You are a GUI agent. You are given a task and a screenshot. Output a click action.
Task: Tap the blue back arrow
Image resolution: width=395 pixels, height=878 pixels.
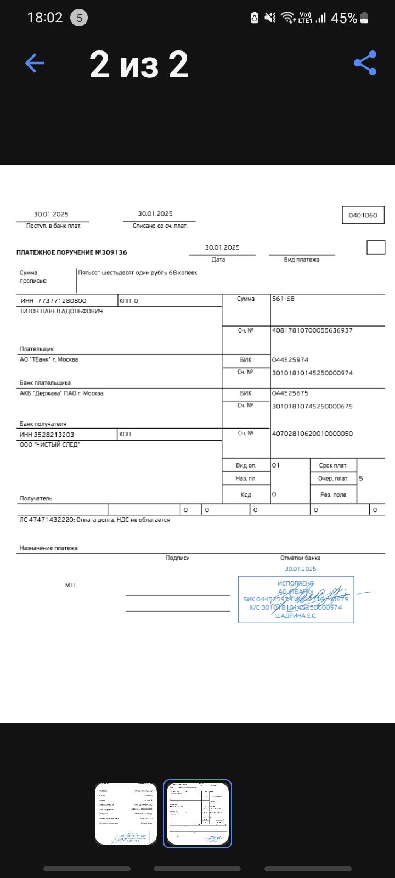[35, 64]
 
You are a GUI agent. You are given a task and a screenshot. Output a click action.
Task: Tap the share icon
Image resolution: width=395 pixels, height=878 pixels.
[365, 63]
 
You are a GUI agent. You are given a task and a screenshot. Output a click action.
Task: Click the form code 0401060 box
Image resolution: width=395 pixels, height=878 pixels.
[363, 215]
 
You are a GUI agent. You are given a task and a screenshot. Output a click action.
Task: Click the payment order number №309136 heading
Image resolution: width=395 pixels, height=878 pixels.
[72, 252]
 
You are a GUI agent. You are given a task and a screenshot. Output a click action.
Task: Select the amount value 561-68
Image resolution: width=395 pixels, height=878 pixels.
[283, 299]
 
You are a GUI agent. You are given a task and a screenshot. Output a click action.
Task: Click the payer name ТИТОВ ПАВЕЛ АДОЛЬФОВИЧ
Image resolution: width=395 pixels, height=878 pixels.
[61, 311]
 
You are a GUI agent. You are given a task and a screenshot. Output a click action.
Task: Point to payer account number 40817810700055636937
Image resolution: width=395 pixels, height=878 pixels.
[312, 330]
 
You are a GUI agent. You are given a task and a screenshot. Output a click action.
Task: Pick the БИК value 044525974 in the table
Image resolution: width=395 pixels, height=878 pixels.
[290, 360]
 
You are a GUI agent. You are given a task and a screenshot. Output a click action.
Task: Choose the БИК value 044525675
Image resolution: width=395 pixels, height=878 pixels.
[290, 393]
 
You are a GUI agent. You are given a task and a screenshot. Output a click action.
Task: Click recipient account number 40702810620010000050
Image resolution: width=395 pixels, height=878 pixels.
[312, 434]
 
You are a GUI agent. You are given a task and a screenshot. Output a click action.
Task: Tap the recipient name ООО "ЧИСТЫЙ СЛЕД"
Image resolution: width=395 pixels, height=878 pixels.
[50, 444]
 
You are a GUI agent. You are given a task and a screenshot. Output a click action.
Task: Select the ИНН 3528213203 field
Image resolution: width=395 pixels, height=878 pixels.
[47, 435]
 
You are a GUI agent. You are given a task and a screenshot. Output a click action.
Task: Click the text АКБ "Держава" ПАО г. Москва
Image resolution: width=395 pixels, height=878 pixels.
[61, 393]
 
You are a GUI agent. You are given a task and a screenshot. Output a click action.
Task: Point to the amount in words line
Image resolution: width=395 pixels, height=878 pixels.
[137, 273]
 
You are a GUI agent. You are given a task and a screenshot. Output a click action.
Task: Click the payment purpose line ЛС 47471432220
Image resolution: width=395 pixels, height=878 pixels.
[95, 520]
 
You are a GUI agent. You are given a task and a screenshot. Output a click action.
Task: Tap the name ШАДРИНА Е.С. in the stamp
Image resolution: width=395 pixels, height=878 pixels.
[296, 616]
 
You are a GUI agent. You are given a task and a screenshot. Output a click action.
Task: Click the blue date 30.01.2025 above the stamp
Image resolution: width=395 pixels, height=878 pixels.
[301, 569]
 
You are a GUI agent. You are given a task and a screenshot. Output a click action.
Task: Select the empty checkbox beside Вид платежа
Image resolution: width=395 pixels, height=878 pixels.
[376, 247]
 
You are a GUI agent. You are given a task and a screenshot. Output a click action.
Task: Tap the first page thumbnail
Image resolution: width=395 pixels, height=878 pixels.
[126, 814]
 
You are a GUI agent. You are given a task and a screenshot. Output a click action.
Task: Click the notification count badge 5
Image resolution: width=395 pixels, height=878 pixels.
[79, 18]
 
